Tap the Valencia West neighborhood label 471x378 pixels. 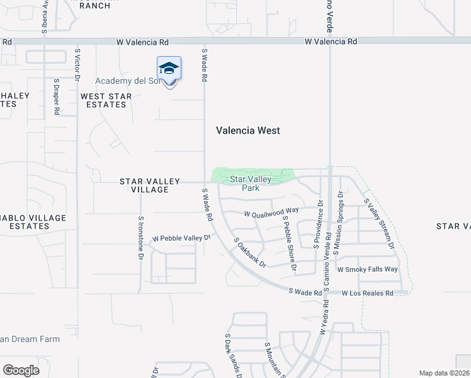click(247, 130)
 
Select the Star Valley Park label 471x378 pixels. click(250, 183)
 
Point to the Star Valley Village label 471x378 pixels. click(144, 185)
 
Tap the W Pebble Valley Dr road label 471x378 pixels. click(180, 239)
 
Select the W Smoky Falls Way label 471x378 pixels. click(368, 269)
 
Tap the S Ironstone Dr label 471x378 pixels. click(140, 236)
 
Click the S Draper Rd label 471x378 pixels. click(56, 96)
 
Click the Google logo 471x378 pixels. click(21, 370)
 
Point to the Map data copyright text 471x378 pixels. click(445, 373)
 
